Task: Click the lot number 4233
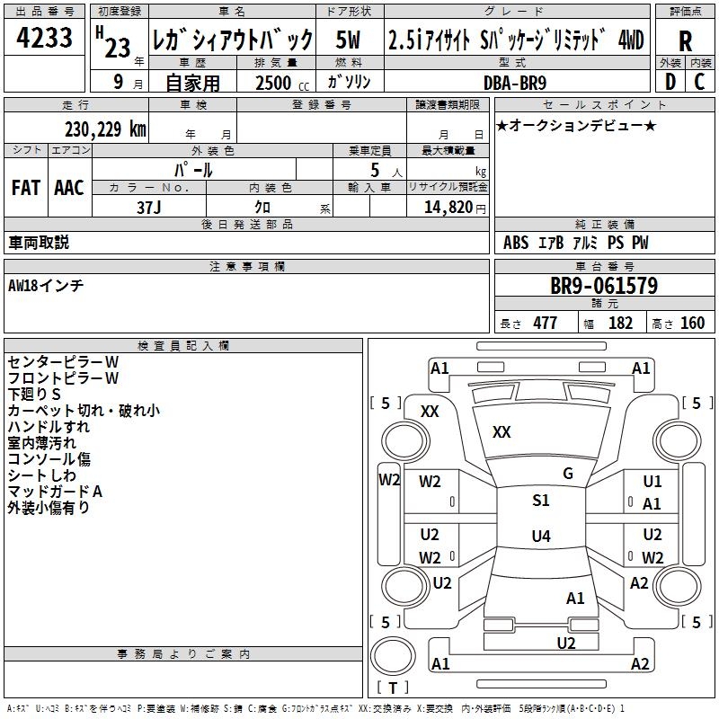pyautogui.click(x=45, y=39)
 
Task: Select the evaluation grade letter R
pyautogui.click(x=686, y=40)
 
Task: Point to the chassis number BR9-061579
pyautogui.click(x=603, y=287)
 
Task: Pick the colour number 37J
pyautogui.click(x=148, y=207)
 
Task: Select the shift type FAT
pyautogui.click(x=26, y=188)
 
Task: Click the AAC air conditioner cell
pyautogui.click(x=69, y=188)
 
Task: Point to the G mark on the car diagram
pyautogui.click(x=568, y=474)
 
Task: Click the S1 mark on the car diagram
pyautogui.click(x=540, y=501)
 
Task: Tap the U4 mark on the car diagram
pyautogui.click(x=540, y=537)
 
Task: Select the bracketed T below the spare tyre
pyautogui.click(x=393, y=688)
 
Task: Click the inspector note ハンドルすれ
pyautogui.click(x=49, y=427)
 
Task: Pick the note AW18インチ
pyautogui.click(x=45, y=285)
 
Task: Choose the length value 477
pyautogui.click(x=545, y=324)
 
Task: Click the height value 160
pyautogui.click(x=692, y=324)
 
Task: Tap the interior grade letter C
pyautogui.click(x=699, y=82)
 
